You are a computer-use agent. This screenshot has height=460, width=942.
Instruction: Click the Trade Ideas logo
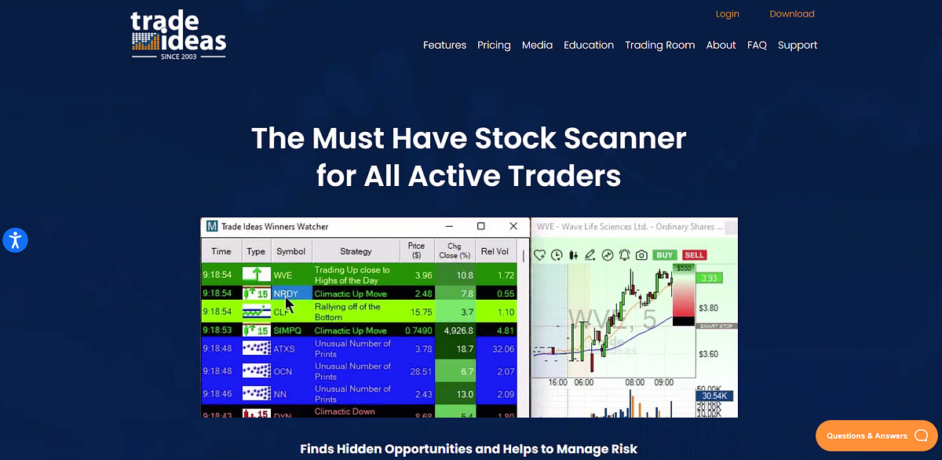coord(178,35)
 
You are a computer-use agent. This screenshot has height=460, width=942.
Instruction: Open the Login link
coord(727,14)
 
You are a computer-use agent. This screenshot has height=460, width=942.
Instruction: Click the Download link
coord(791,14)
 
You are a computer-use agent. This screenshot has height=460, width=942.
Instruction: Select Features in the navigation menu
coord(444,46)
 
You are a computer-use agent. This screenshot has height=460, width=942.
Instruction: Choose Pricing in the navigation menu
coord(494,46)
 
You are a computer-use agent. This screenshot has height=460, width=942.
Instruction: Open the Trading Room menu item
coord(659,46)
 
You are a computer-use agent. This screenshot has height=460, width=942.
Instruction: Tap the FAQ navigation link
coord(757,46)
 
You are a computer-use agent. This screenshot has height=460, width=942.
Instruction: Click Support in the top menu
coord(798,46)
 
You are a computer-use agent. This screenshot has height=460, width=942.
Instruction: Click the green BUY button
coord(664,255)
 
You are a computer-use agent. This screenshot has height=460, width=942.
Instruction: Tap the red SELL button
coord(693,255)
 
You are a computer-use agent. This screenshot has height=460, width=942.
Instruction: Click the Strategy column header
coord(356,251)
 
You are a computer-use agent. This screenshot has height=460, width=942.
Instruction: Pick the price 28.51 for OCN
coord(416,371)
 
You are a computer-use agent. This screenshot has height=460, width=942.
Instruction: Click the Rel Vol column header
coord(495,251)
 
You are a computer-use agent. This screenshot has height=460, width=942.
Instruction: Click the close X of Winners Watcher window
coord(513,226)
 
